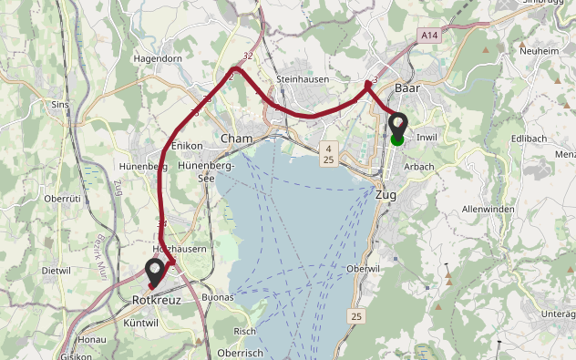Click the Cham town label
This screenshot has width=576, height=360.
(x=236, y=139)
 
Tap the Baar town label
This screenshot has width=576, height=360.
(x=407, y=88)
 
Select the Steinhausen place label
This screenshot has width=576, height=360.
(x=301, y=79)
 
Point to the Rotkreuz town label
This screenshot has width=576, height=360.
(x=152, y=298)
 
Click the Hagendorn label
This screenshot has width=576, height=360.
(x=159, y=57)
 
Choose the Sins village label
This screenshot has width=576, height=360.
(x=61, y=105)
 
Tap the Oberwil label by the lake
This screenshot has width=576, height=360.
(x=363, y=269)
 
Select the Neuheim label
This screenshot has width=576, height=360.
(x=538, y=52)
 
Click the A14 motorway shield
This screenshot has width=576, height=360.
(x=429, y=34)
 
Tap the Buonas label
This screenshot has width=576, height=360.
(x=218, y=297)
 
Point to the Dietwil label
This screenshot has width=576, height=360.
(x=57, y=271)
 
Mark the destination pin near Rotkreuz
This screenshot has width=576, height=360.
(x=155, y=271)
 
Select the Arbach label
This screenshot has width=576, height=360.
(x=418, y=167)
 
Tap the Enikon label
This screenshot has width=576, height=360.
(x=187, y=145)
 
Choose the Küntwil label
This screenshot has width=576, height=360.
(x=140, y=324)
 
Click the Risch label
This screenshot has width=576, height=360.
(x=244, y=331)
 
